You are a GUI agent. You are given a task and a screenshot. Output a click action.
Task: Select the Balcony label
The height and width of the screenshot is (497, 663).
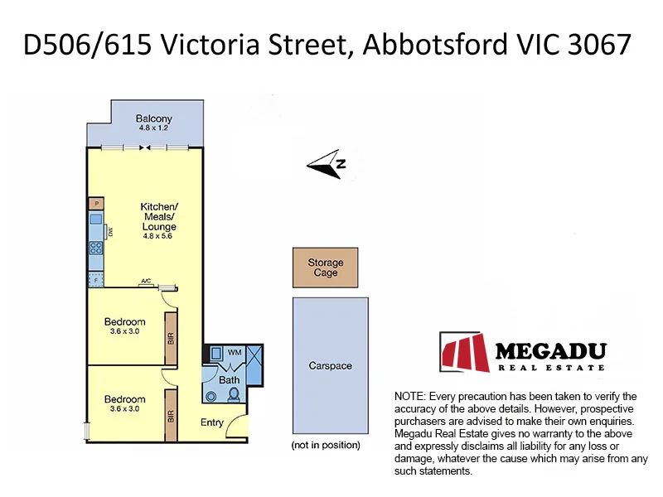pyautogui.click(x=153, y=118)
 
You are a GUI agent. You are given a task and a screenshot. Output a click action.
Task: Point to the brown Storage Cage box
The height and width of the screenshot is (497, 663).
pyautogui.click(x=325, y=268)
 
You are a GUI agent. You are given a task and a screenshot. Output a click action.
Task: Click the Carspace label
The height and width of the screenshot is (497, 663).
pyautogui.click(x=330, y=365)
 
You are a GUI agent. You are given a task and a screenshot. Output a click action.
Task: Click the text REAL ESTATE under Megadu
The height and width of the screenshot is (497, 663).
pyautogui.click(x=550, y=367)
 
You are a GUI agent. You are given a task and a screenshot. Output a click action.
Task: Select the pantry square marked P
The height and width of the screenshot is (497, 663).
pyautogui.click(x=96, y=203)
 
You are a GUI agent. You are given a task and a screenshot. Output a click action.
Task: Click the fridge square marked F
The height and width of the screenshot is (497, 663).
pyautogui.click(x=96, y=281)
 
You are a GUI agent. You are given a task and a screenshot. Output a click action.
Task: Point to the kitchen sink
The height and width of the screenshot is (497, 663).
pyautogui.click(x=96, y=221)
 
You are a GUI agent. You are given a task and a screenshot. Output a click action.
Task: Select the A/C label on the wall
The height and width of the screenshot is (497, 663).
pyautogui.click(x=146, y=282)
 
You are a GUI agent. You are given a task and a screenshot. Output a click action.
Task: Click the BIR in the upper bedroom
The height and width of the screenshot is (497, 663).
pyautogui.click(x=171, y=338)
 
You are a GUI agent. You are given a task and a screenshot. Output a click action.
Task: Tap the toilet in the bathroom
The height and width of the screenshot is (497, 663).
pyautogui.click(x=234, y=394)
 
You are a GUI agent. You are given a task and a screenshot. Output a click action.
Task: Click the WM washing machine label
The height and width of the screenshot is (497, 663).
pyautogui.click(x=235, y=353)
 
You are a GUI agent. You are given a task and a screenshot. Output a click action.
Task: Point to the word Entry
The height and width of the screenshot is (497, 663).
pyautogui.click(x=212, y=422)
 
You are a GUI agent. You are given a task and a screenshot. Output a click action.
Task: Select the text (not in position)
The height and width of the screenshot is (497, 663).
pyautogui.click(x=326, y=446)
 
